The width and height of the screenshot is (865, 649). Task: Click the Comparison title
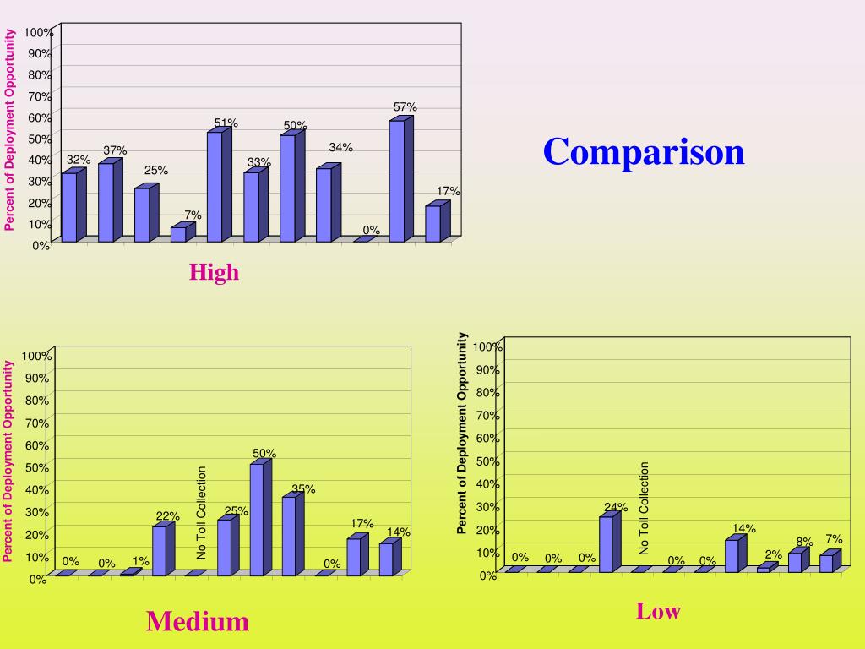pyautogui.click(x=644, y=152)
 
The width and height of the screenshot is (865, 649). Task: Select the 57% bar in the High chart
pyautogui.click(x=395, y=181)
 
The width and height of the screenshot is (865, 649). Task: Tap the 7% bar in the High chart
pyautogui.click(x=178, y=234)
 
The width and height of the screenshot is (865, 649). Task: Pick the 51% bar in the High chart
pyautogui.click(x=214, y=187)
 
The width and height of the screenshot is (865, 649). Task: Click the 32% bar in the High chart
pyautogui.click(x=68, y=207)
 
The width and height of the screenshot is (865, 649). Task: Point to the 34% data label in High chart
pyautogui.click(x=341, y=148)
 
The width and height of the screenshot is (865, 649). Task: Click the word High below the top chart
pyautogui.click(x=214, y=272)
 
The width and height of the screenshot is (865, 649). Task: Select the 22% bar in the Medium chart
pyautogui.click(x=159, y=551)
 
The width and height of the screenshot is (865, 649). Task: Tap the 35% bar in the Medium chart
pyautogui.click(x=289, y=536)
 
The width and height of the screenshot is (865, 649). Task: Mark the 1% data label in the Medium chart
pyautogui.click(x=140, y=561)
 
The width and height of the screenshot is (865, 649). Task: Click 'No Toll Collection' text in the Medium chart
pyautogui.click(x=202, y=512)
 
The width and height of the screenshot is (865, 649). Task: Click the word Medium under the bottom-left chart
pyautogui.click(x=197, y=622)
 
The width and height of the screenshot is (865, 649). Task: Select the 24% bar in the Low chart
pyautogui.click(x=605, y=544)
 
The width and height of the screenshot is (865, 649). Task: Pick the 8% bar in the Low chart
pyautogui.click(x=794, y=562)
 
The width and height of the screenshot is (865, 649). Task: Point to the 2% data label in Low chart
pyautogui.click(x=774, y=554)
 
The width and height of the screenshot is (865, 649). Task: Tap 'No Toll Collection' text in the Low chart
pyautogui.click(x=645, y=508)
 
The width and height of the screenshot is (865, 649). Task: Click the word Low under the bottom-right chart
pyautogui.click(x=658, y=611)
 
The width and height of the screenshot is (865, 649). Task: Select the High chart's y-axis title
pyautogui.click(x=10, y=129)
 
